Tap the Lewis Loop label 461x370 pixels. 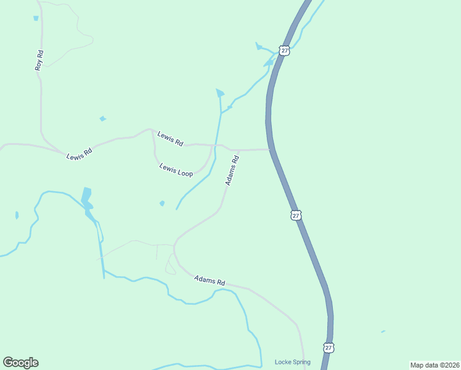[x=176, y=170]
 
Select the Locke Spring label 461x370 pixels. [x=292, y=362]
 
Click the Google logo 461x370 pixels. [x=20, y=363]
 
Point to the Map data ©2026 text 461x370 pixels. [x=434, y=364]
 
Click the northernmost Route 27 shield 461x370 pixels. [x=284, y=51]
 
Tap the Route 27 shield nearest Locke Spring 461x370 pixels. [x=328, y=348]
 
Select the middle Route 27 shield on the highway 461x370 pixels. [x=296, y=215]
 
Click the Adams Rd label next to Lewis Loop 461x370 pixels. [x=232, y=170]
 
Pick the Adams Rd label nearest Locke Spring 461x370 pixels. [x=210, y=280]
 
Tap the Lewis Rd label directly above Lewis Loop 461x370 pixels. [x=170, y=138]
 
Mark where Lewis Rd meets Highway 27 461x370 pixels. [x=270, y=149]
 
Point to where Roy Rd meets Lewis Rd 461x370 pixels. [x=62, y=152]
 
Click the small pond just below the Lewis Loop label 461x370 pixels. [x=162, y=203]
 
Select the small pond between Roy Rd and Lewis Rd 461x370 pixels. [x=102, y=118]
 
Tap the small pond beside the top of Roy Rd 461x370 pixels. [x=36, y=18]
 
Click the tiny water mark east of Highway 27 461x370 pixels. [x=383, y=332]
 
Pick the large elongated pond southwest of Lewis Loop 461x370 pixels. [x=86, y=197]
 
